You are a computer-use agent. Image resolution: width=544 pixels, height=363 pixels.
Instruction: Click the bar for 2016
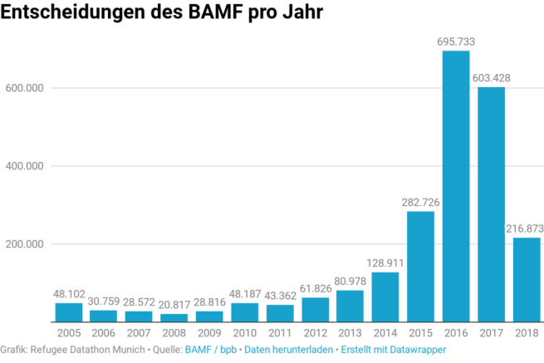click(456, 186)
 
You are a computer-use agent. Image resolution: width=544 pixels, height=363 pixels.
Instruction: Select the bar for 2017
click(491, 204)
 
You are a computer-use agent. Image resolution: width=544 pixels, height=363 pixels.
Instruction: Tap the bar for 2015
click(421, 267)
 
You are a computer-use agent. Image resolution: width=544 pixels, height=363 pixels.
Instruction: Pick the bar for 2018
click(526, 280)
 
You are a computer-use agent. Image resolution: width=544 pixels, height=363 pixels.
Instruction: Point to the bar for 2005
click(69, 312)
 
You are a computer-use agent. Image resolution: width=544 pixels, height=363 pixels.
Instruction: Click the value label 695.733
click(456, 41)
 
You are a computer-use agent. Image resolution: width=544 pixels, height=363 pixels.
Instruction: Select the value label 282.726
click(421, 202)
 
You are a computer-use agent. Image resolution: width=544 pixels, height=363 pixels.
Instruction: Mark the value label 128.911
click(385, 262)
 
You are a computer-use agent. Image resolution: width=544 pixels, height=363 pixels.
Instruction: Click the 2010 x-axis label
click(245, 332)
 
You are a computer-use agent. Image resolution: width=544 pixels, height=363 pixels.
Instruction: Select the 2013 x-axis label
click(350, 332)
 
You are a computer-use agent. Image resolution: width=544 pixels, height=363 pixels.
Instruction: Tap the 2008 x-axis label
click(174, 332)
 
